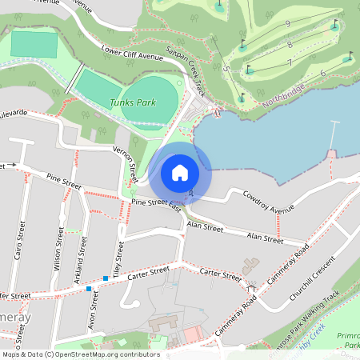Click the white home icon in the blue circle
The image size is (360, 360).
tap(180, 173)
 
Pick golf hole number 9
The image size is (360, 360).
tap(287, 25)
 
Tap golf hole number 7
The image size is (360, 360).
tap(290, 62)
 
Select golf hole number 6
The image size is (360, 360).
tap(322, 73)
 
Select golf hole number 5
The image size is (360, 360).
tap(227, 70)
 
